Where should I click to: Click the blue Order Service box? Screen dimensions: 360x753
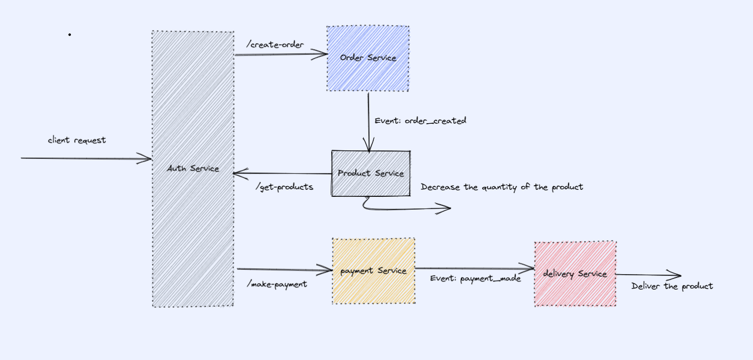pyautogui.click(x=368, y=59)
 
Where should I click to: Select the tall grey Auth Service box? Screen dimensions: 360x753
pyautogui.click(x=193, y=169)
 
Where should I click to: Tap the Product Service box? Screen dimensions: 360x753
pyautogui.click(x=371, y=173)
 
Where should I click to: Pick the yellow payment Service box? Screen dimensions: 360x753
pyautogui.click(x=373, y=271)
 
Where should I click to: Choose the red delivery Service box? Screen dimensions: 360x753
pyautogui.click(x=575, y=274)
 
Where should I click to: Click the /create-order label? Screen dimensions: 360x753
pyautogui.click(x=275, y=45)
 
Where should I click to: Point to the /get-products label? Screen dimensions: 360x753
pyautogui.click(x=284, y=187)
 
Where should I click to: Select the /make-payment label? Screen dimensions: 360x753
pyautogui.click(x=277, y=284)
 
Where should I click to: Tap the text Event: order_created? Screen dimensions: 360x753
pyautogui.click(x=420, y=121)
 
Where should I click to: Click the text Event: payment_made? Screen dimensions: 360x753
pyautogui.click(x=475, y=278)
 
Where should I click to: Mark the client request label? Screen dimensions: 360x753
pyautogui.click(x=77, y=140)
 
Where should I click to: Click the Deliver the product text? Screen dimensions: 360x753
pyautogui.click(x=672, y=286)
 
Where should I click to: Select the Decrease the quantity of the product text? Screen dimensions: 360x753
pyautogui.click(x=502, y=187)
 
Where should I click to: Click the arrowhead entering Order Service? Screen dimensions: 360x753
pyautogui.click(x=322, y=54)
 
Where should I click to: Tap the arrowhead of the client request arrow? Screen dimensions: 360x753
pyautogui.click(x=147, y=158)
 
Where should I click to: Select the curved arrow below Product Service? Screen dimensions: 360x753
pyautogui.click(x=405, y=208)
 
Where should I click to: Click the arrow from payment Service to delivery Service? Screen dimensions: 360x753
pyautogui.click(x=475, y=269)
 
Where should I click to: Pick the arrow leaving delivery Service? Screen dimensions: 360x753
pyautogui.click(x=648, y=275)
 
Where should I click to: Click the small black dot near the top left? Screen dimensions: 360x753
pyautogui.click(x=69, y=35)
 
